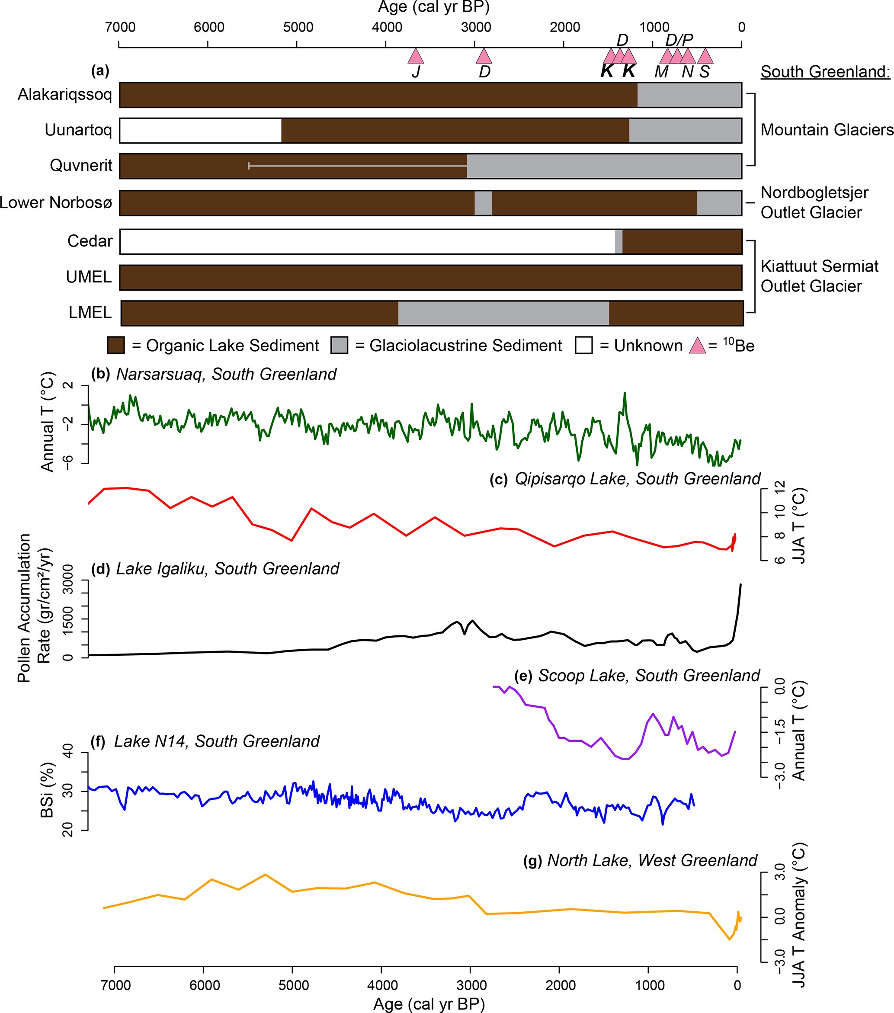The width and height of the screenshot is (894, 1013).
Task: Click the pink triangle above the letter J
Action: pyautogui.click(x=415, y=57)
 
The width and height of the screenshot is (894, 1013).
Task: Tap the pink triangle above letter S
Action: pyautogui.click(x=705, y=57)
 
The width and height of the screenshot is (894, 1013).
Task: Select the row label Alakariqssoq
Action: pyautogui.click(x=65, y=94)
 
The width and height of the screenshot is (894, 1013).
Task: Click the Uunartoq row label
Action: pyautogui.click(x=78, y=130)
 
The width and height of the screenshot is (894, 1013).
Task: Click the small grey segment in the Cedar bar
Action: pyautogui.click(x=618, y=241)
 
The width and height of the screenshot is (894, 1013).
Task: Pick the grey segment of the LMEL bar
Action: pyautogui.click(x=503, y=313)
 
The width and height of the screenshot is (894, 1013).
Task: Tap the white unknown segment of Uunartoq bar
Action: pyautogui.click(x=200, y=130)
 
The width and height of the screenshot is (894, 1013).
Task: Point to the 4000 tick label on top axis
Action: pyautogui.click(x=387, y=27)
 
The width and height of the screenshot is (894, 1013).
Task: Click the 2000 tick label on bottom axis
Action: pyautogui.click(x=561, y=985)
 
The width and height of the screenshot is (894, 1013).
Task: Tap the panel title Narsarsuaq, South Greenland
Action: pyautogui.click(x=226, y=374)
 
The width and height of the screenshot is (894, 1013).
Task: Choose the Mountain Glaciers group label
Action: pyautogui.click(x=827, y=130)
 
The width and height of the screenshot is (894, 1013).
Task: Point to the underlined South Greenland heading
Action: pyautogui.click(x=825, y=72)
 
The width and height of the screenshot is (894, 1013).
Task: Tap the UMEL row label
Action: pyautogui.click(x=89, y=276)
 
